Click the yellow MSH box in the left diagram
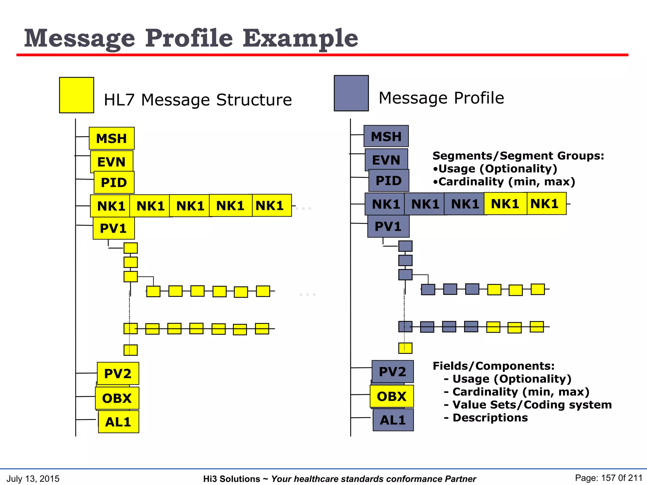(x=112, y=138)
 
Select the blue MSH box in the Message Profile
(x=386, y=136)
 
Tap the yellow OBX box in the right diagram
(x=392, y=396)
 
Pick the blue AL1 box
(x=393, y=420)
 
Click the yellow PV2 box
(x=118, y=374)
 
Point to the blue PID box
(x=389, y=181)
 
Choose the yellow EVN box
(x=111, y=162)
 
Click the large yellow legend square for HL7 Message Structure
(x=76, y=95)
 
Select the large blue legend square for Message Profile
(x=351, y=93)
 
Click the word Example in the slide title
(x=300, y=38)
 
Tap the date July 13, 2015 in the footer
(x=33, y=479)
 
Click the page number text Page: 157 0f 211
(x=608, y=478)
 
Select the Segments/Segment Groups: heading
(x=518, y=156)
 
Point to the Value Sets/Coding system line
(x=532, y=404)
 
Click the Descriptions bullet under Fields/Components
(x=490, y=417)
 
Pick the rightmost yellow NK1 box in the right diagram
(x=547, y=204)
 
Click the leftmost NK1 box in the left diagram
(x=110, y=206)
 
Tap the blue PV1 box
(x=388, y=226)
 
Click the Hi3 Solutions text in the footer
(x=231, y=479)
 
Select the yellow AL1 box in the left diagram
(x=118, y=422)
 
